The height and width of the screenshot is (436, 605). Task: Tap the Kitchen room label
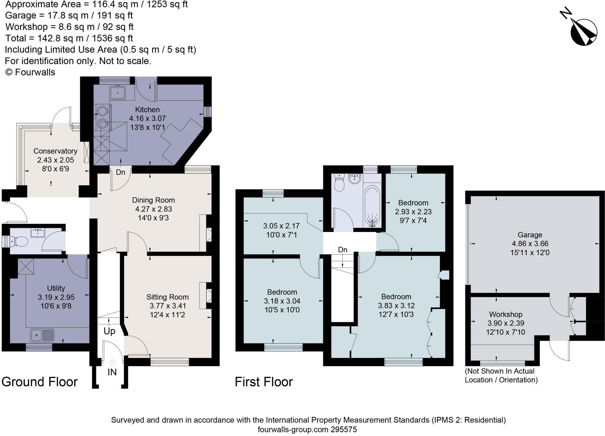click(147, 110)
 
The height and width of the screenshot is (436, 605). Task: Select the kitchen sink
click(118, 93)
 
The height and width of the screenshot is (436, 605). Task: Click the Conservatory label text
click(55, 151)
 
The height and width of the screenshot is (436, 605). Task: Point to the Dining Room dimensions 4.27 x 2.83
click(153, 209)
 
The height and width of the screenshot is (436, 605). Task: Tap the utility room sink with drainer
click(42, 335)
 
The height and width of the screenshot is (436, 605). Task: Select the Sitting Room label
click(167, 297)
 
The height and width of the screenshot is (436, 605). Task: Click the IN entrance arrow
click(112, 363)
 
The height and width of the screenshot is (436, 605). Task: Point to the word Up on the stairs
click(109, 331)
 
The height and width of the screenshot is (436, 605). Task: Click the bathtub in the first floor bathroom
click(372, 205)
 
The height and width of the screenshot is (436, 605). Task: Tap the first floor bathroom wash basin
click(354, 179)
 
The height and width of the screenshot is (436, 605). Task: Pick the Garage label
click(530, 235)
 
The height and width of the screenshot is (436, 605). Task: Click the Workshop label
click(506, 314)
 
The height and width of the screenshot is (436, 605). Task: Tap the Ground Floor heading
click(40, 382)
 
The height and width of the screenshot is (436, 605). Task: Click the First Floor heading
click(264, 382)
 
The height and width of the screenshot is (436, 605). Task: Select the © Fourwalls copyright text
click(30, 72)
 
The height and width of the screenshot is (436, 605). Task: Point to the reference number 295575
click(344, 429)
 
